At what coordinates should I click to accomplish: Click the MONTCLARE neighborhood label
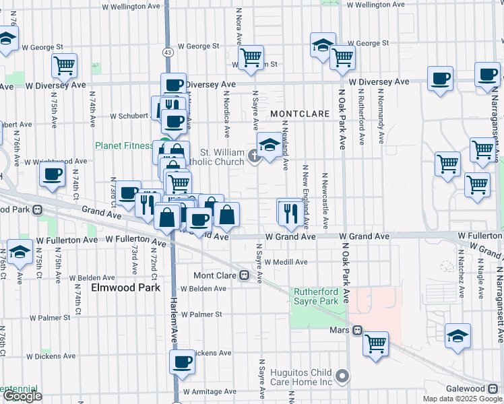coord(300,114)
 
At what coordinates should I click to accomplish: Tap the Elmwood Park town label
coord(127,288)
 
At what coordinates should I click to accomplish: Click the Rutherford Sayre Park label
coord(315,296)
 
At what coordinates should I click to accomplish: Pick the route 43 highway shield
coord(167,51)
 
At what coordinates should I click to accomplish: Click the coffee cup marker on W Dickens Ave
coord(182,362)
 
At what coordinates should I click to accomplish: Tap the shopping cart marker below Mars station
coord(376,343)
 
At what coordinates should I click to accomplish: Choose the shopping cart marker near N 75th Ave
coord(65,65)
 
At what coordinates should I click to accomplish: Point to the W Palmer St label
coord(201,314)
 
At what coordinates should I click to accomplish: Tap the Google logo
coord(22,396)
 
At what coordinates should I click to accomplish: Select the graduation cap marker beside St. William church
coord(270,145)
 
